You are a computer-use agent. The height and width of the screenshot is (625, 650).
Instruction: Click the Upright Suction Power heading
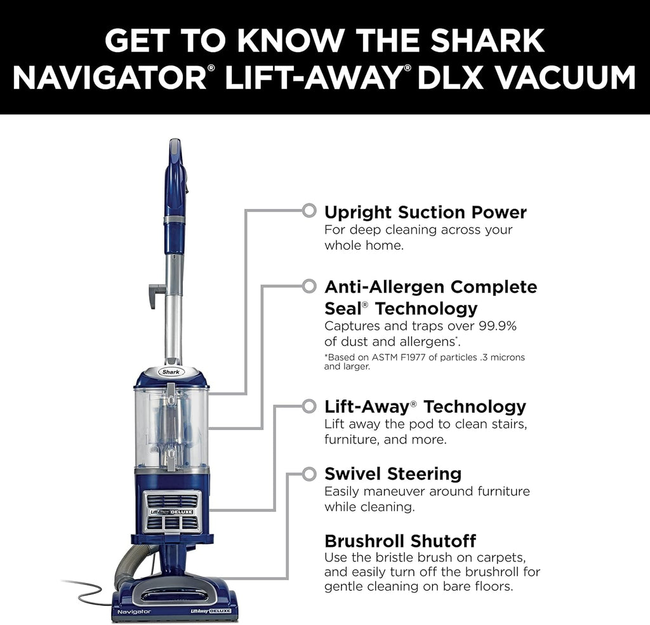[x=425, y=212]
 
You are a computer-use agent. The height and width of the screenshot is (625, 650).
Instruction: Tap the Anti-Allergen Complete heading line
[x=430, y=286]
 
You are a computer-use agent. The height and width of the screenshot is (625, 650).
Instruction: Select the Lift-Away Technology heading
[x=425, y=406]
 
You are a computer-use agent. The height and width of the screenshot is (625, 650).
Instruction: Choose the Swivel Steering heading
[x=392, y=473]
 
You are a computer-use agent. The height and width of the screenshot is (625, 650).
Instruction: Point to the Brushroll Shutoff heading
[x=400, y=541]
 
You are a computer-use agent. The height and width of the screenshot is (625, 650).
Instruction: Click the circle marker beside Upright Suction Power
[x=309, y=210]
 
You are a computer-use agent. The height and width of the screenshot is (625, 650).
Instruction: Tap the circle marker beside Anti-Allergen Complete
[x=309, y=286]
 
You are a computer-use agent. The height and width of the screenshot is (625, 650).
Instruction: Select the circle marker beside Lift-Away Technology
[x=309, y=405]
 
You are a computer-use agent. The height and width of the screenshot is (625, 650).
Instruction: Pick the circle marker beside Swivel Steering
[x=309, y=473]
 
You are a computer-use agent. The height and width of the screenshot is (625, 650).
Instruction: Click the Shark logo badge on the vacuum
[x=171, y=372]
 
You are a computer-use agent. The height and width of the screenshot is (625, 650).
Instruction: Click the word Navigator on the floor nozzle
[x=134, y=611]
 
